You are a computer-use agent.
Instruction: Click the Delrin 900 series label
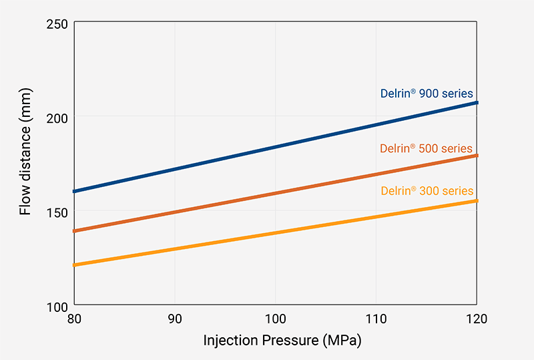point(427,94)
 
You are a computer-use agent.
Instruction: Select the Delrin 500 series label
point(426,148)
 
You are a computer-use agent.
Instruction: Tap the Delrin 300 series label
point(427,190)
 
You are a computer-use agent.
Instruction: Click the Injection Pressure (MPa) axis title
point(282,341)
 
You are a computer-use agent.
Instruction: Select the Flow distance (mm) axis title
point(25,163)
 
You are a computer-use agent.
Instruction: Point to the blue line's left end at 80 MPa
point(75,191)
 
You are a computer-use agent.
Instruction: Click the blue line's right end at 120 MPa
point(477,102)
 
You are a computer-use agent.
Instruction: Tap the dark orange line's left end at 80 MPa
point(75,231)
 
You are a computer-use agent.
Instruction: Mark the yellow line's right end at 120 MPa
point(477,200)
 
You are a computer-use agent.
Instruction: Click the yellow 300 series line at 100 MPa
point(276,232)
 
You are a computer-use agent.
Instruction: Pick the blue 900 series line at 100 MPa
point(276,146)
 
